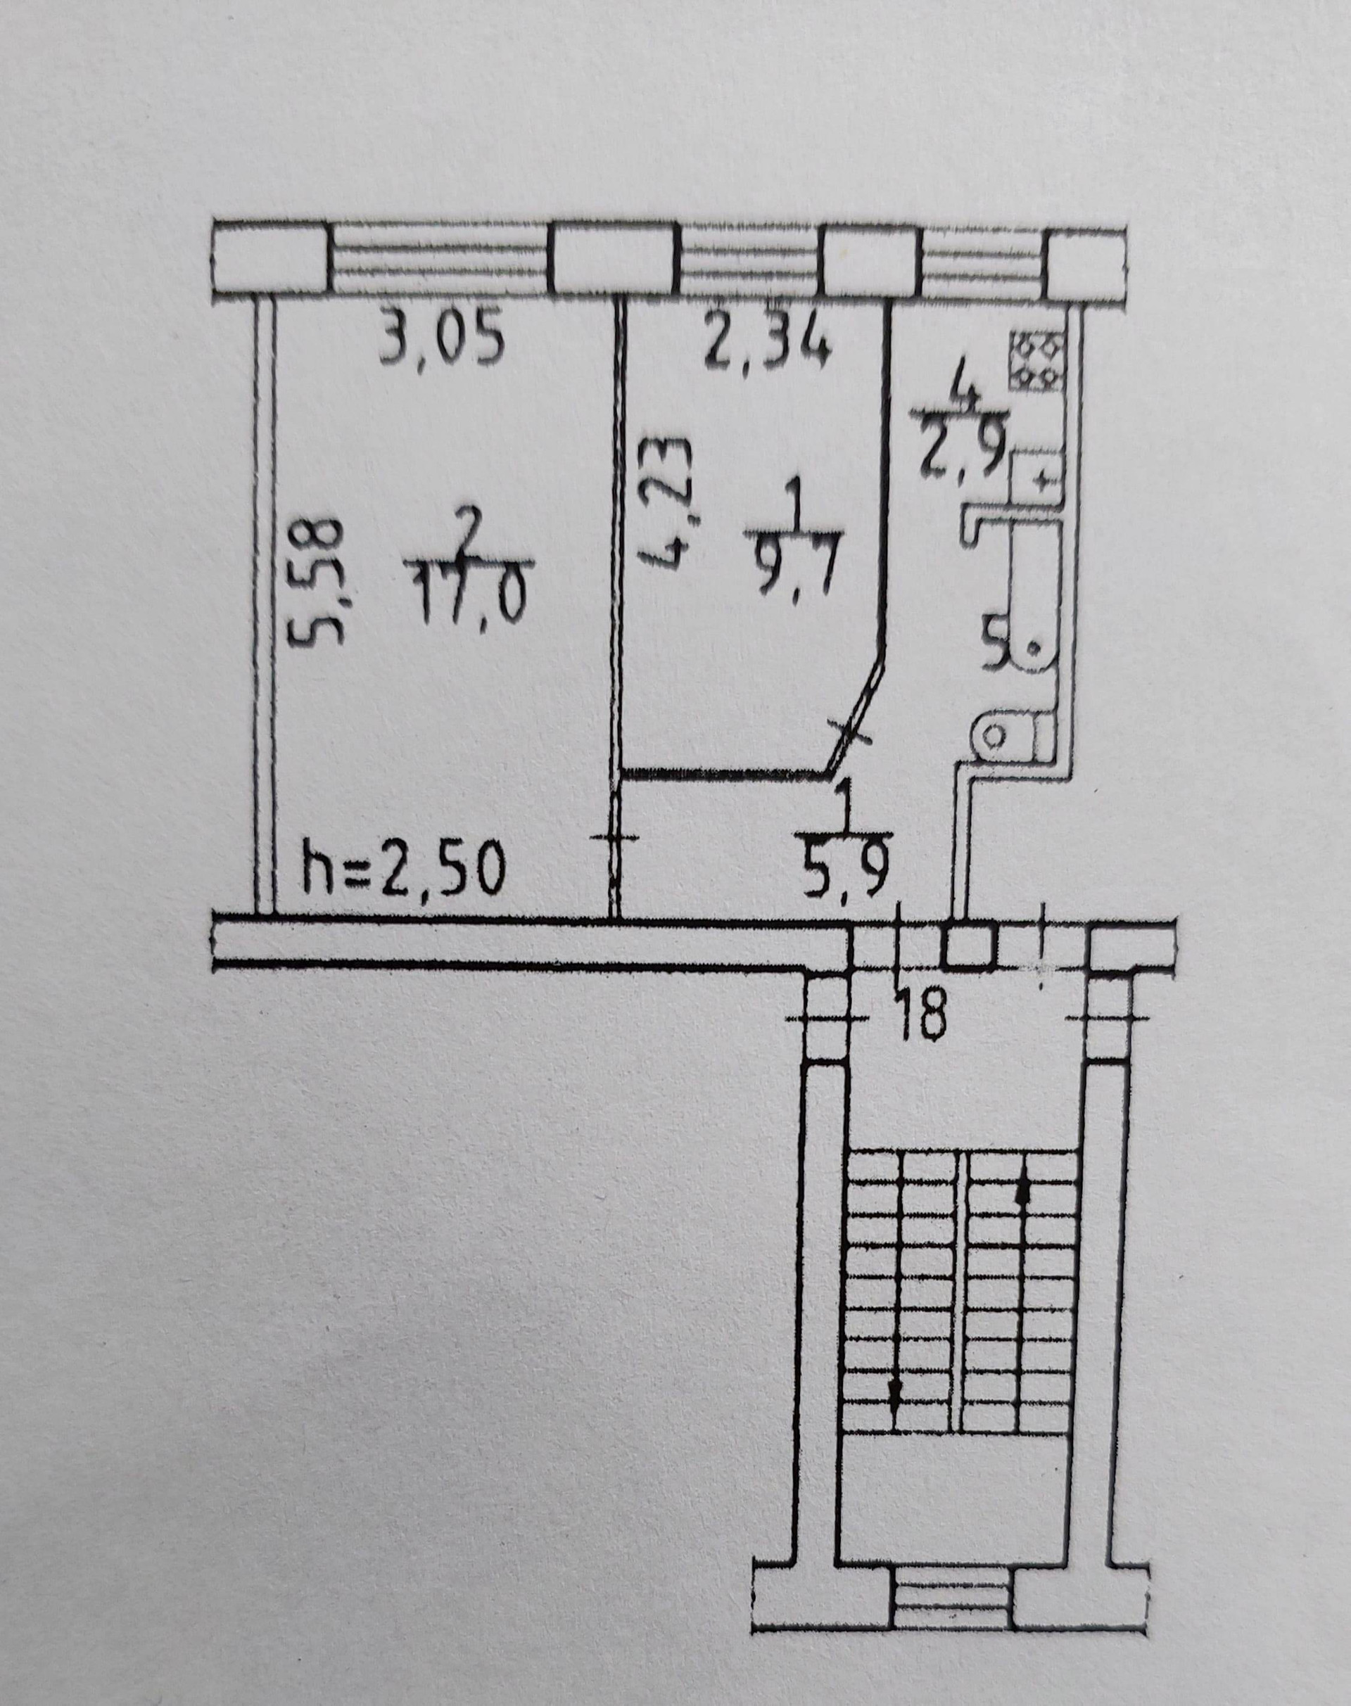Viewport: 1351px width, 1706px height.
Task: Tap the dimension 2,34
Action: coord(767,343)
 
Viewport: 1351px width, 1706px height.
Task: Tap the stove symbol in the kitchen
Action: coord(1038,360)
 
